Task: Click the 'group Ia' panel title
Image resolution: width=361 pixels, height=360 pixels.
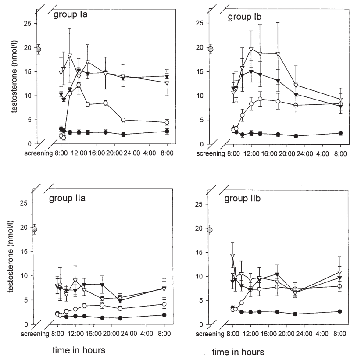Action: (72, 15)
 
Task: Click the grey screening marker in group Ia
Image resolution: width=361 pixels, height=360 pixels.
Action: (38, 49)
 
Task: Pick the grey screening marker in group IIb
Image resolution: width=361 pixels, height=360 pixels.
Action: (210, 230)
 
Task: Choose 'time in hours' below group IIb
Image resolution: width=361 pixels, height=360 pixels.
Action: (238, 352)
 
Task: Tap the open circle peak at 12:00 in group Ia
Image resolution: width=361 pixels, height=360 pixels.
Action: (79, 85)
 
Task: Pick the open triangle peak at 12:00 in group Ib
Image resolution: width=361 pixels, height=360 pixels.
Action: (251, 49)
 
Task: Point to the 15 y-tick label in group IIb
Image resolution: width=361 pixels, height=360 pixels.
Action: (201, 252)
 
